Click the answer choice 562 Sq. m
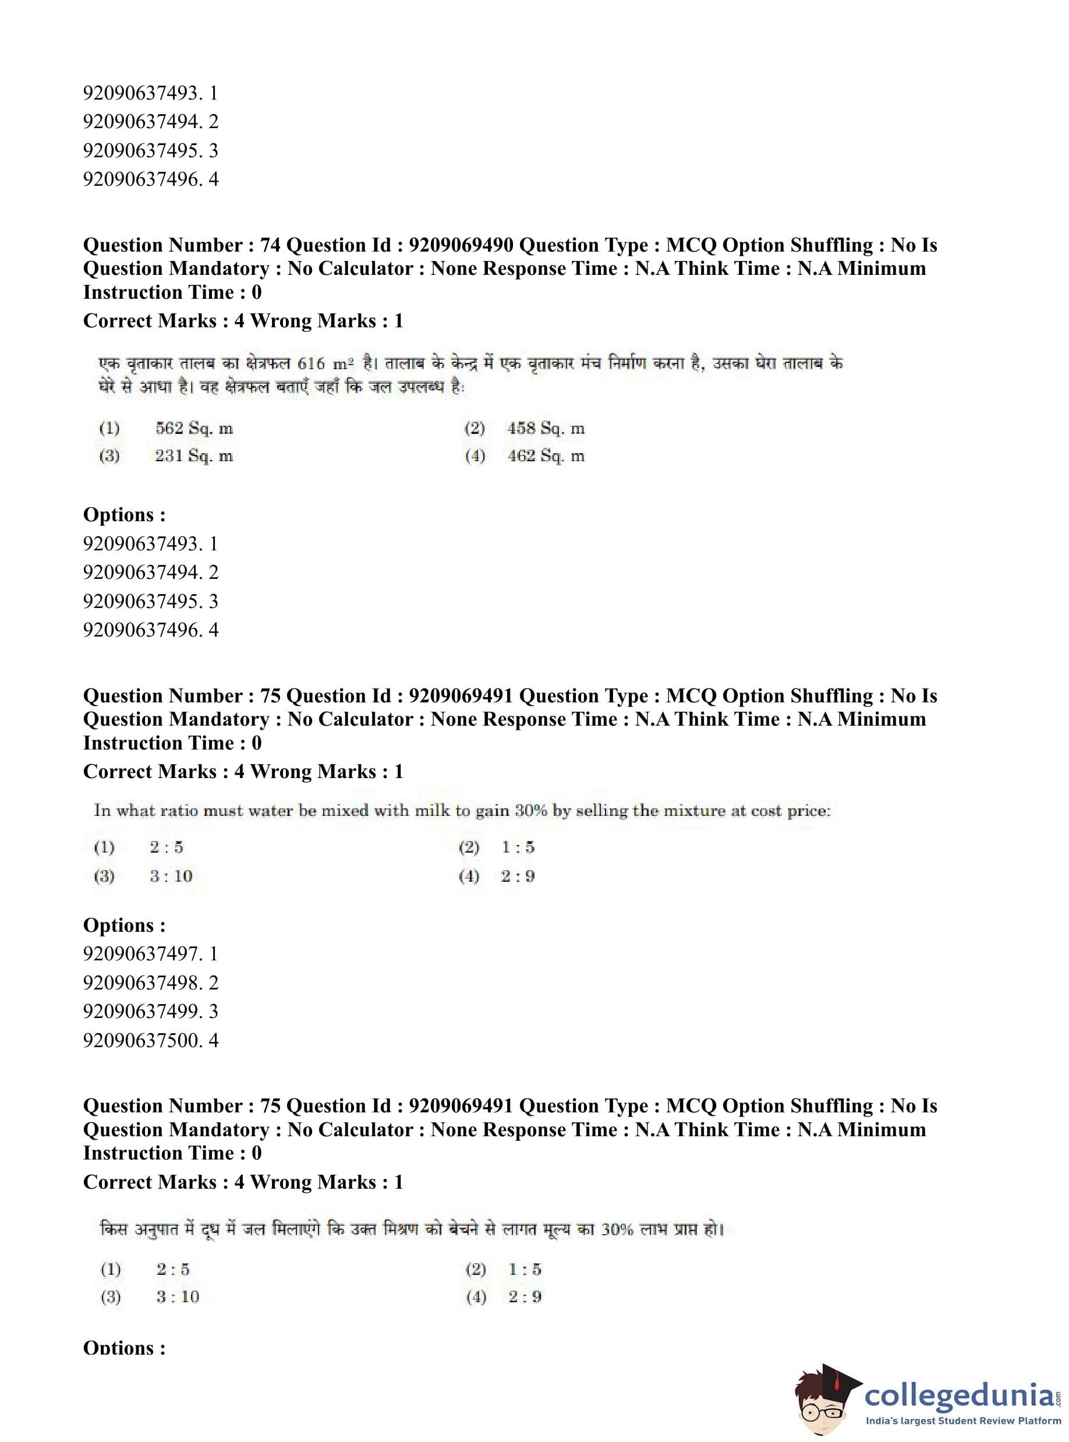point(193,429)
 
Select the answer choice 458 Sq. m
point(546,429)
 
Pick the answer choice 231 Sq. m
point(193,456)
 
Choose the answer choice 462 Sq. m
point(546,456)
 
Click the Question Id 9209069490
point(461,245)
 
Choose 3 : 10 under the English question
point(171,877)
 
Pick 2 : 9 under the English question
point(518,877)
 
